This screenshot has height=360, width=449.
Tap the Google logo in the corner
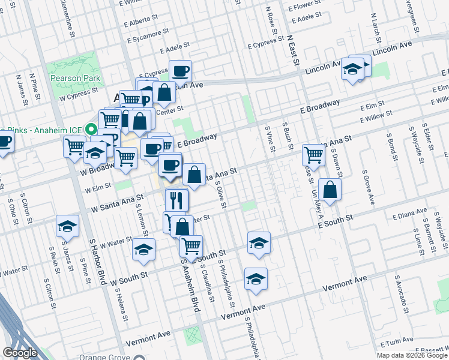(x=20, y=353)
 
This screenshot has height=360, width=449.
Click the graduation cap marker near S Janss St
(x=67, y=226)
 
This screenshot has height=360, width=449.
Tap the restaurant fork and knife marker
(x=176, y=199)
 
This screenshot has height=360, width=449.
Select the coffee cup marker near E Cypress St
(x=180, y=71)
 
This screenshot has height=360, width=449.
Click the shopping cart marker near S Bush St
(x=313, y=154)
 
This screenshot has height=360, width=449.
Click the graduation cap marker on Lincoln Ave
(x=353, y=70)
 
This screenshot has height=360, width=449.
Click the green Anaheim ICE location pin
(x=91, y=128)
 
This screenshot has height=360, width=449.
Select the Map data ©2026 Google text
(x=411, y=355)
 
